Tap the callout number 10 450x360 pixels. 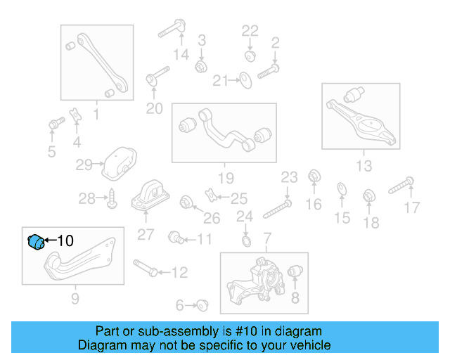coord(64,240)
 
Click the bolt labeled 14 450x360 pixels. coord(170,30)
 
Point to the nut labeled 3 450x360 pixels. coord(200,65)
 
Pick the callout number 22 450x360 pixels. coord(250,31)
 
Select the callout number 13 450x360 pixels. coord(364,166)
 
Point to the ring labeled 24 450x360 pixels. coord(245,243)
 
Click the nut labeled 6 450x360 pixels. coord(203,304)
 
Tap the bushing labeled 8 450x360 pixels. coord(295,272)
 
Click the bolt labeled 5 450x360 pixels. coord(54,126)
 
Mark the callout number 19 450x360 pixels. coord(225,178)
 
